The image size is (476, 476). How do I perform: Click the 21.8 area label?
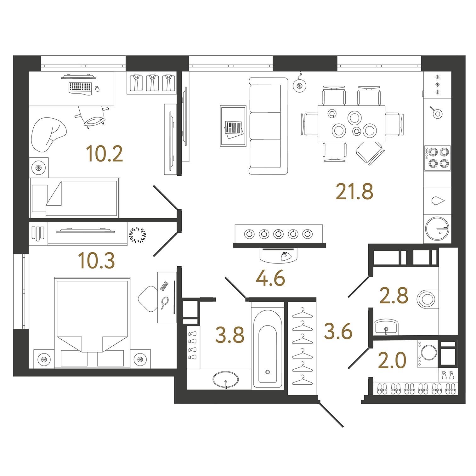(354, 192)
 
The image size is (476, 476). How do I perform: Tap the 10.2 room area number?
(104, 154)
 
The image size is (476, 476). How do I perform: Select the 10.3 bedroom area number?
(96, 261)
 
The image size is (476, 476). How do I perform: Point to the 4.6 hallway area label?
(270, 278)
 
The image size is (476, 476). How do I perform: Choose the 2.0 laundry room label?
(392, 360)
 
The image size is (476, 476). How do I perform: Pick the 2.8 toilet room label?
(394, 296)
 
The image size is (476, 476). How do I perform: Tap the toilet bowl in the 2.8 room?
(427, 299)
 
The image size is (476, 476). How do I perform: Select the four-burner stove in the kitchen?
(437, 158)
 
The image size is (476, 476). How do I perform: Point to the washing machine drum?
(429, 353)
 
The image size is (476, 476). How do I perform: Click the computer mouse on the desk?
(97, 89)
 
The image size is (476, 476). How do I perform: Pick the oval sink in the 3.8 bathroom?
(226, 380)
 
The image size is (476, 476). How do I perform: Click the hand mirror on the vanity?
(164, 303)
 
